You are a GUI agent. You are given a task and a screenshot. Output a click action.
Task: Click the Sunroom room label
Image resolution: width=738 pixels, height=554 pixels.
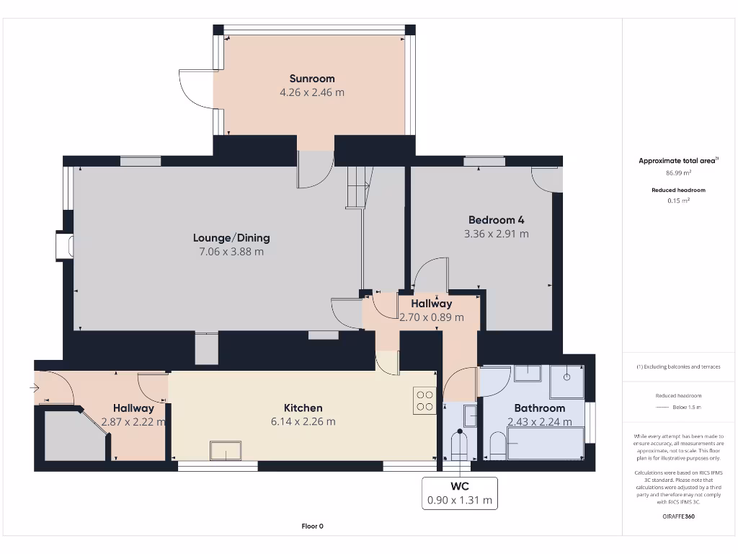312,79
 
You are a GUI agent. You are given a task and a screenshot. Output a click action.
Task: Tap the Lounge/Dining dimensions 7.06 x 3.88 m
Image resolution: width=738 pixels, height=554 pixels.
231,252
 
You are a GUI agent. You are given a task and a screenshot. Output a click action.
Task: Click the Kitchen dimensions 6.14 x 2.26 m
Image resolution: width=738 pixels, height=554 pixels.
303,422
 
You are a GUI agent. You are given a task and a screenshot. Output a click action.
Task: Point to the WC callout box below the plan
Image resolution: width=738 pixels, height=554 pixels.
459,493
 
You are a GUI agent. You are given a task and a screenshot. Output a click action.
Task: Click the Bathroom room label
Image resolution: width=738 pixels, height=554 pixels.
539,408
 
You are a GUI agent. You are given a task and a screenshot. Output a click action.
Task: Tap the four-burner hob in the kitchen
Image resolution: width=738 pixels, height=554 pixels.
424,400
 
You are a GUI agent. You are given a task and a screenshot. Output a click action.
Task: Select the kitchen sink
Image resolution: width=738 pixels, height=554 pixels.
227,451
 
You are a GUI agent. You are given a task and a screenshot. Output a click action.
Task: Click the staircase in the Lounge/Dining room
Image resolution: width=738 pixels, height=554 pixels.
358,186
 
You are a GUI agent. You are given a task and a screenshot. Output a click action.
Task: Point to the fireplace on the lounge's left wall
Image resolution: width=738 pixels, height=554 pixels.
65,245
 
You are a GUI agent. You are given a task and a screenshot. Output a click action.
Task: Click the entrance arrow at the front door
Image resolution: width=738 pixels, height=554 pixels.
35,388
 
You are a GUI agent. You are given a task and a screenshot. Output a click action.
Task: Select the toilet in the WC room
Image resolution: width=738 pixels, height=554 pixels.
459,444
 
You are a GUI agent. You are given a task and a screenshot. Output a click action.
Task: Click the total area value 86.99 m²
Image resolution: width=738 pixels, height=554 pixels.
677,173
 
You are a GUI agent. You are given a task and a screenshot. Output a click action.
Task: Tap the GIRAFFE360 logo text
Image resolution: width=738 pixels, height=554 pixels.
677,516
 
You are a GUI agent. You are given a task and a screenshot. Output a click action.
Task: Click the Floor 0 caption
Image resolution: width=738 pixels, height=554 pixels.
312,526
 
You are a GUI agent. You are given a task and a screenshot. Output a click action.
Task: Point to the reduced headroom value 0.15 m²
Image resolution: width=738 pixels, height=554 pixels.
677,201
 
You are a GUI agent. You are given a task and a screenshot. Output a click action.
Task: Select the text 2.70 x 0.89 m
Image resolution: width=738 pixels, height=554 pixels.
432,317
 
